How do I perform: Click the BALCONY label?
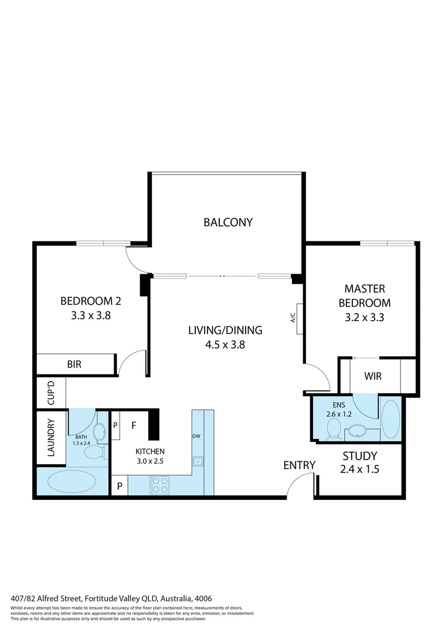228,222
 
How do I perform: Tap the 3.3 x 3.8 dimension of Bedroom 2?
91,315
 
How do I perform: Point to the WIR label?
373,376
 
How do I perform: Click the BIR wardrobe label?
74,364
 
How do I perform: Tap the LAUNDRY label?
50,438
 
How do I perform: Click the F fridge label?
134,426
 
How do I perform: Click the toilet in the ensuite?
334,430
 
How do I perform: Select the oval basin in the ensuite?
356,433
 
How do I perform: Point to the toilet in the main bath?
93,451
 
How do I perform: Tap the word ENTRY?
299,465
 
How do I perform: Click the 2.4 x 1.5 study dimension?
359,469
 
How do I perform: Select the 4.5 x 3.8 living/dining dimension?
225,345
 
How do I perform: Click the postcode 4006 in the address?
203,598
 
